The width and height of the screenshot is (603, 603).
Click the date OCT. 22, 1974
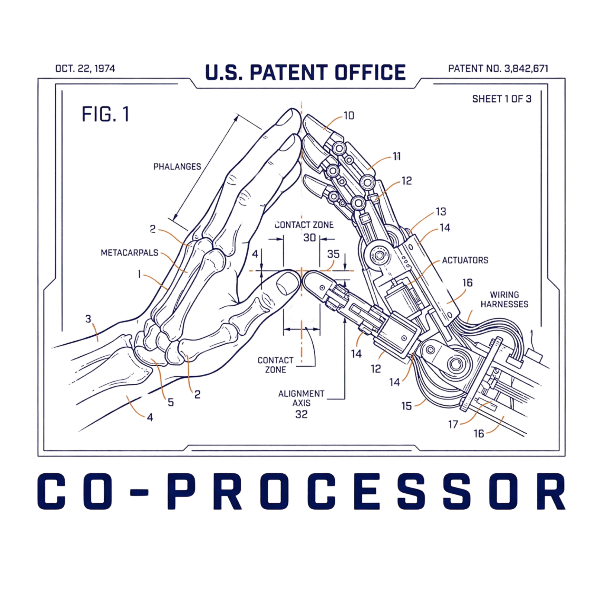[85, 69]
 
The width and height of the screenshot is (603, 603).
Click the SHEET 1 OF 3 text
[502, 99]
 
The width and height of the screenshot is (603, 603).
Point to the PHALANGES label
[177, 167]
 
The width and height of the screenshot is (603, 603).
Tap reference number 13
[441, 212]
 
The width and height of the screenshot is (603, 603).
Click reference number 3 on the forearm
[88, 319]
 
